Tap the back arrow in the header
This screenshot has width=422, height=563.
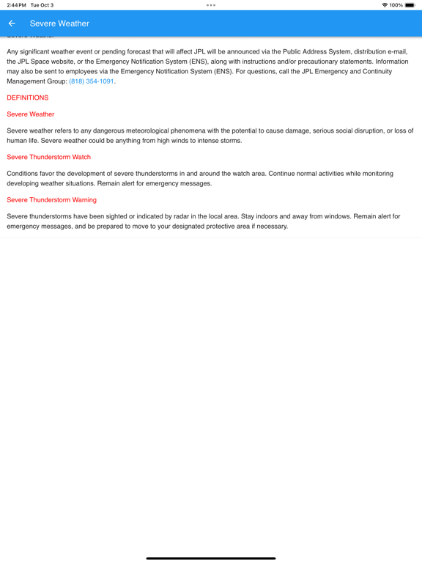(12, 23)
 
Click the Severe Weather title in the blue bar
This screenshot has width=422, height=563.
(59, 23)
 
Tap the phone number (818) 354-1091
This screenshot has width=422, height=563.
(92, 81)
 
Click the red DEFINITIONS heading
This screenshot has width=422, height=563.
(28, 97)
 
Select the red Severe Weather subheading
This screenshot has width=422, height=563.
(31, 114)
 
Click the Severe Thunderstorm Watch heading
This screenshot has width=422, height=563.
(49, 157)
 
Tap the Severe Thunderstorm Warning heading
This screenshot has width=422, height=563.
(51, 199)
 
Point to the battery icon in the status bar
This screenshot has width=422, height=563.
(410, 5)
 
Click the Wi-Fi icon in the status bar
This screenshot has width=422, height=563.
(385, 5)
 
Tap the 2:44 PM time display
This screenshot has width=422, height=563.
(16, 5)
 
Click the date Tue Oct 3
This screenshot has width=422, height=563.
(42, 5)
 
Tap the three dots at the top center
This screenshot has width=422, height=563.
(211, 5)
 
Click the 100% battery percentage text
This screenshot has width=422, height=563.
(396, 5)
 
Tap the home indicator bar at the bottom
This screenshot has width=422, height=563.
(211, 559)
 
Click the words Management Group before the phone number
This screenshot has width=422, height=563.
(37, 81)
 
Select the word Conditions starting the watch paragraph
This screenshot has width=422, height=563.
(23, 174)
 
